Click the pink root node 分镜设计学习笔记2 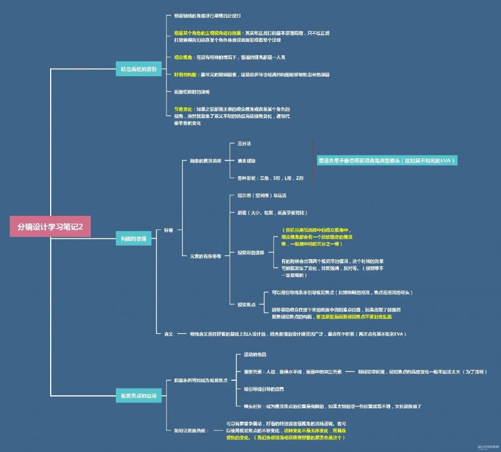50,227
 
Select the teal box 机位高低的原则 138,70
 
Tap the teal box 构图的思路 134,238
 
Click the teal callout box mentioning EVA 387,160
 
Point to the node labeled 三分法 244,144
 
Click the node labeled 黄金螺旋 246,161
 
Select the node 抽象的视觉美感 205,161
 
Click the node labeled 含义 168,334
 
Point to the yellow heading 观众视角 183,57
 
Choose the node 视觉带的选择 250,252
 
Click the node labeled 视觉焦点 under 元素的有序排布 246,304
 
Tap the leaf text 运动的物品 255,355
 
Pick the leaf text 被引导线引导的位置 264,389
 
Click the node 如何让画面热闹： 189,430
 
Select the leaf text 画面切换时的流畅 191,91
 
